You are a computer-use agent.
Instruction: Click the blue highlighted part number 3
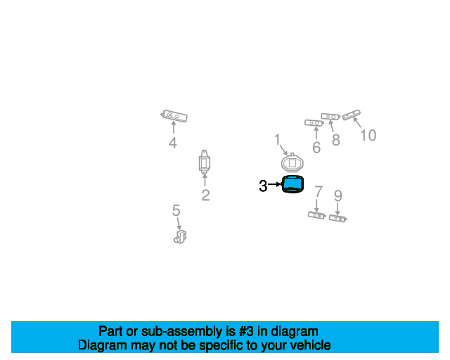pos(292,184)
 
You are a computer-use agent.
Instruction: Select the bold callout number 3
pos(263,186)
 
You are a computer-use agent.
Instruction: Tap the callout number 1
pos(277,139)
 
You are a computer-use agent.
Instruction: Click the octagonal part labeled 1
pos(292,163)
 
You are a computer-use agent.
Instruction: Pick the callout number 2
pos(205,195)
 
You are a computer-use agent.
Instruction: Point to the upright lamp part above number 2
pos(205,162)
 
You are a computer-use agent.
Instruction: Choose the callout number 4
pos(173,143)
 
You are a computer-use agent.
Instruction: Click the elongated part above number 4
pos(174,116)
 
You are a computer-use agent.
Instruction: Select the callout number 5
pos(176,210)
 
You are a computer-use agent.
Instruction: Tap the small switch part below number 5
pos(180,237)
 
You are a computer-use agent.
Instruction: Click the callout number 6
pos(316,148)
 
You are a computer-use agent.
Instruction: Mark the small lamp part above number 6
pos(314,123)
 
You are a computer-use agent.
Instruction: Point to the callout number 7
pos(319,191)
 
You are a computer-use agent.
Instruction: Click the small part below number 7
pos(316,215)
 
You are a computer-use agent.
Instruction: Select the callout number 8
pos(336,140)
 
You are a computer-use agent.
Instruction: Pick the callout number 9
pos(338,196)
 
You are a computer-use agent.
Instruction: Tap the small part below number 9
pos(337,219)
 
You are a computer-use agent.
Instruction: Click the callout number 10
pos(368,135)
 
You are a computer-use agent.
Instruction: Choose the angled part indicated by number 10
pos(352,115)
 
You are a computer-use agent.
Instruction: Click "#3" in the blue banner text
pos(246,332)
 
